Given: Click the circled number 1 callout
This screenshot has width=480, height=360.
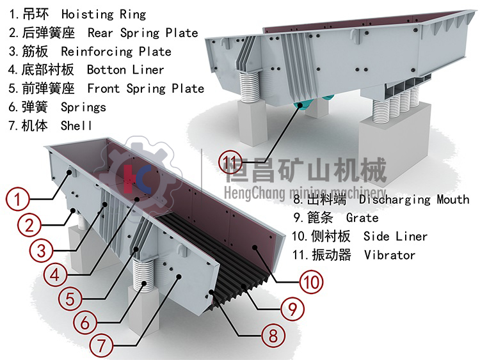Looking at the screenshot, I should coord(19,199).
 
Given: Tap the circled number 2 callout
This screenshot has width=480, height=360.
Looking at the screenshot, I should coord(29,224).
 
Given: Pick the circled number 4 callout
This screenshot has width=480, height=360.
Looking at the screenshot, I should coord(56,276).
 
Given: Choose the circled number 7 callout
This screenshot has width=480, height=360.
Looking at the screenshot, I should coord(101,343).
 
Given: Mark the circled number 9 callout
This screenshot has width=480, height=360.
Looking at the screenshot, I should coord(292,309).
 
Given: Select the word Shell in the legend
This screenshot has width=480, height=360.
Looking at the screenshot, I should coord(76,125).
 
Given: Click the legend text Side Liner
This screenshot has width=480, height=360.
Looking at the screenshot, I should coord(395,237).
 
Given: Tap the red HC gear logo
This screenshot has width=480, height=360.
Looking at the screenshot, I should coord(136,177).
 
